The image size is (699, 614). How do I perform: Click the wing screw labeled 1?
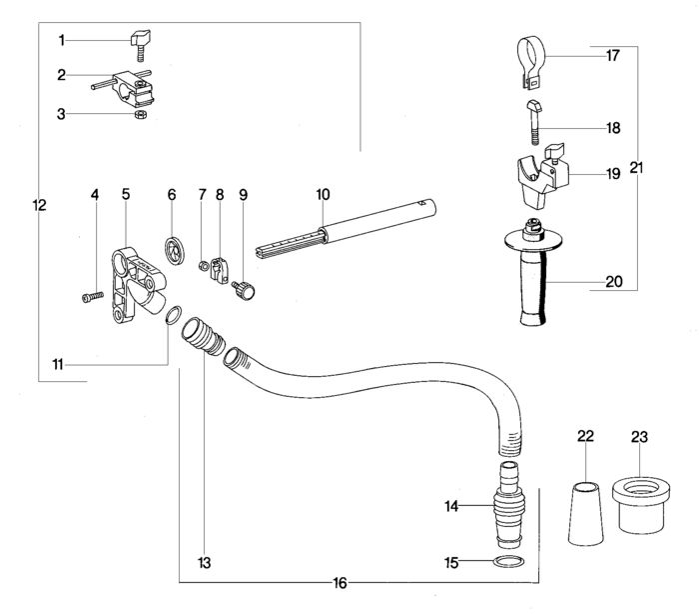click(140, 45)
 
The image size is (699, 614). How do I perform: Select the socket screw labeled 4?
click(93, 297)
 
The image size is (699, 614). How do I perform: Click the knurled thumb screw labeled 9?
click(244, 290)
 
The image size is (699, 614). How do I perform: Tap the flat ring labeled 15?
click(508, 562)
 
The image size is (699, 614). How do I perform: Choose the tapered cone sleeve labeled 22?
click(586, 513)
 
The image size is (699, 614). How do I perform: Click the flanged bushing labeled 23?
click(641, 505)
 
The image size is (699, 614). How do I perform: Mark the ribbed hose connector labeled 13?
click(203, 335)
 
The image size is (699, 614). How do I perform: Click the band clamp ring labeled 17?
click(531, 62)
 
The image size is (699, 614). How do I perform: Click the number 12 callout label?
click(40, 205)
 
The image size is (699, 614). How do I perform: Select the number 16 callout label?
click(340, 583)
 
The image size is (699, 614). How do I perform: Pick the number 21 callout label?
click(637, 168)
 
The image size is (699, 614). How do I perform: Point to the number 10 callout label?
click(324, 195)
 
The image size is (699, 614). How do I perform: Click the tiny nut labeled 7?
click(203, 266)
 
